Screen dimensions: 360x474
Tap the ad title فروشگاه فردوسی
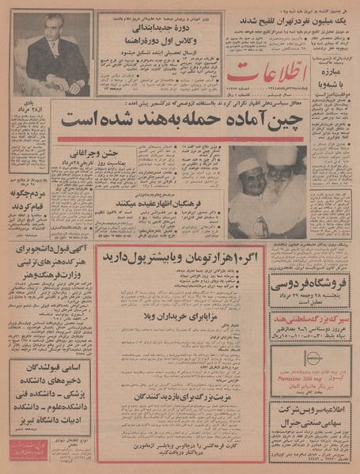[312, 287]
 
